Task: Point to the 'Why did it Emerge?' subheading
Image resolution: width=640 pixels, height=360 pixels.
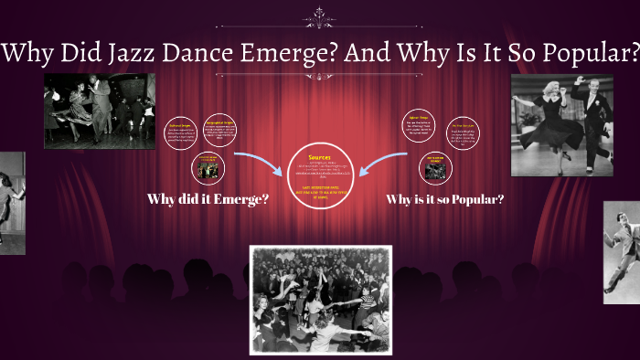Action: click(208, 199)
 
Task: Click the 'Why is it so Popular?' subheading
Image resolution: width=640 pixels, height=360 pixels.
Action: click(444, 199)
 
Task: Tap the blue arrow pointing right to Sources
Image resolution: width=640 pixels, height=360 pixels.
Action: click(260, 164)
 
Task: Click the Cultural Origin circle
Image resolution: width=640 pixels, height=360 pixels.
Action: click(182, 132)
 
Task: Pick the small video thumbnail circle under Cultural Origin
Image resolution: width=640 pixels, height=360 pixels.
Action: click(207, 167)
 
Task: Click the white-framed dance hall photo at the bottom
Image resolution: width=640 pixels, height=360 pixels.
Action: click(320, 299)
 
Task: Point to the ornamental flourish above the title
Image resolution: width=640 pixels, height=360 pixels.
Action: click(320, 17)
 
